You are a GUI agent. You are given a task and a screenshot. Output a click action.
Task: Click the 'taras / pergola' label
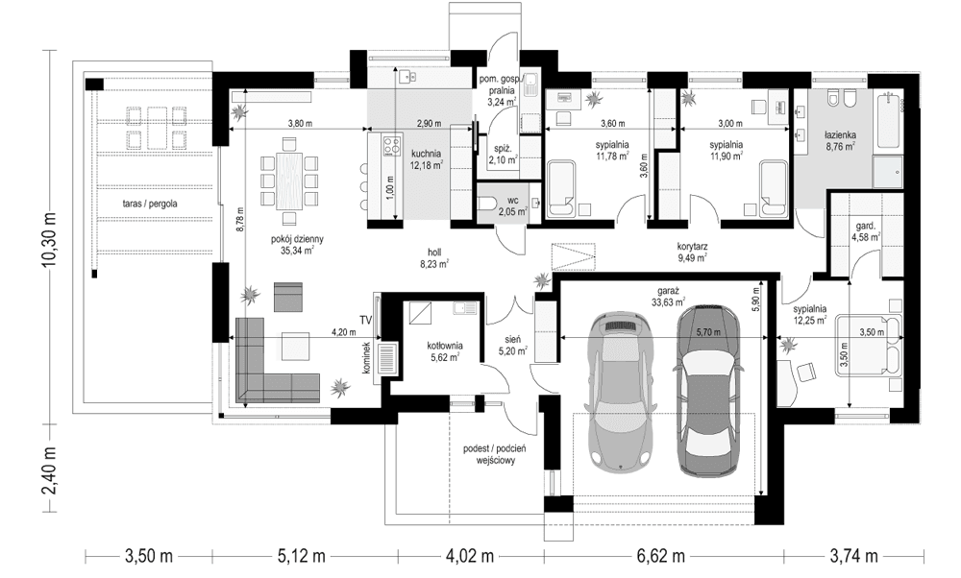[149, 205]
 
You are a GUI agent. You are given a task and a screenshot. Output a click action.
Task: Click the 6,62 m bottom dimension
[660, 556]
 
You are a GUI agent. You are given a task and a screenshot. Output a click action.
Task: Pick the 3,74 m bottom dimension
[852, 556]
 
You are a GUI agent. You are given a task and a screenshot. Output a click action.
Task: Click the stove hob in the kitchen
[391, 147]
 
